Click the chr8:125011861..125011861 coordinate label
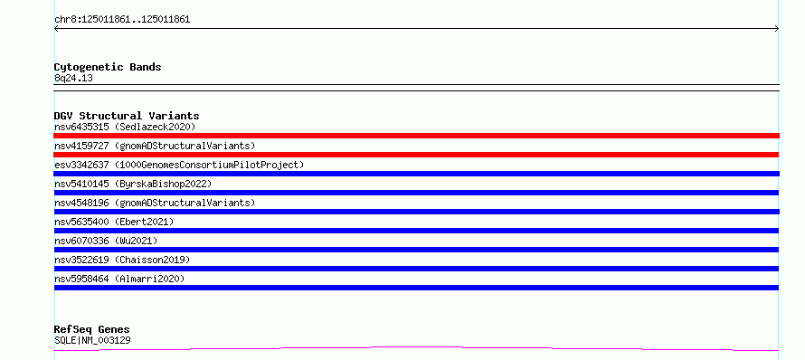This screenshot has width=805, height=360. tap(122, 20)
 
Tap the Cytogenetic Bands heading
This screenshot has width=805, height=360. tap(108, 67)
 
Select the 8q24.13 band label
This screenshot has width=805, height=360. tap(73, 79)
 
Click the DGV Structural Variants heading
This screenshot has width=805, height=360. tap(127, 116)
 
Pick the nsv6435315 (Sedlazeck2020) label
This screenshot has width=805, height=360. tap(125, 127)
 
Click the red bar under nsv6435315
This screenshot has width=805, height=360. tap(416, 136)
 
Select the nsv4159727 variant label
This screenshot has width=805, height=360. tap(155, 146)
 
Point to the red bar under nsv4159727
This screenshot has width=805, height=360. tap(416, 155)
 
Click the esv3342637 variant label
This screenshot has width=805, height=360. tap(179, 165)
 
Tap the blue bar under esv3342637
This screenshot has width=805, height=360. tap(416, 174)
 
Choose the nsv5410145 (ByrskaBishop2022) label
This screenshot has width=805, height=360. tap(133, 184)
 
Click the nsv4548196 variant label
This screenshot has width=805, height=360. tap(155, 203)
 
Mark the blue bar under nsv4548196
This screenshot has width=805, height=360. tap(416, 212)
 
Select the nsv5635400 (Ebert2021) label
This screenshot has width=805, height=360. tap(114, 222)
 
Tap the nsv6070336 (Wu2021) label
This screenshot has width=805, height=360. tap(106, 241)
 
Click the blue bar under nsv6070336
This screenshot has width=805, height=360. tap(416, 250)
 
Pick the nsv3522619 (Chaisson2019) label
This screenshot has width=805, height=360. tap(122, 260)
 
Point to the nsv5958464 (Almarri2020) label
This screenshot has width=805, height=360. tap(119, 279)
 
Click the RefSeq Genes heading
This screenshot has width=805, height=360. tap(92, 329)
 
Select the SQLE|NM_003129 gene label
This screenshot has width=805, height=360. tap(92, 340)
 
